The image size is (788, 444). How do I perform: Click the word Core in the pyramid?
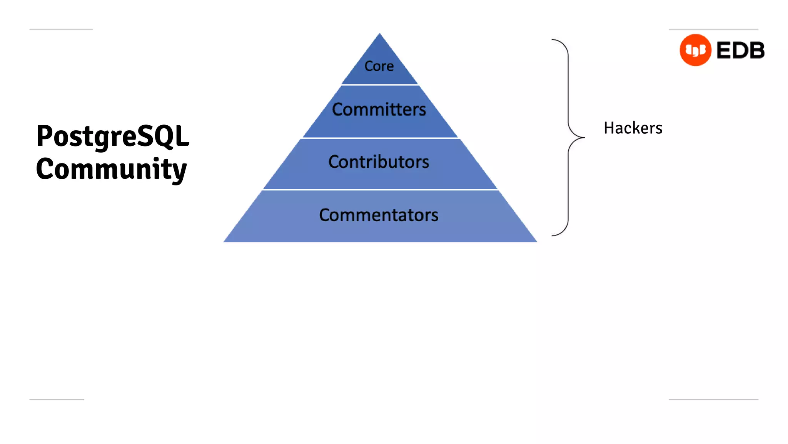coord(379,66)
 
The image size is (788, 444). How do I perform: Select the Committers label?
coord(379,109)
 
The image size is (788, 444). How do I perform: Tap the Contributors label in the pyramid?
coord(379,162)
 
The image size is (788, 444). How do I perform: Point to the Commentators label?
coord(379,215)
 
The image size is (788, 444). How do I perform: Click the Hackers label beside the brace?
coord(633,128)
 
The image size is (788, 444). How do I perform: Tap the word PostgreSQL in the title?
coord(113,136)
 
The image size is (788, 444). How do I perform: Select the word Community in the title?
coord(111,169)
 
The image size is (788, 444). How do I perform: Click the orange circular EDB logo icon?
coord(695,50)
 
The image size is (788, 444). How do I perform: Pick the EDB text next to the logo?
coord(740,50)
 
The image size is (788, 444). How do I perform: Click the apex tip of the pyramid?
coord(380,34)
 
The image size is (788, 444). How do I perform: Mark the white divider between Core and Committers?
coord(380,84)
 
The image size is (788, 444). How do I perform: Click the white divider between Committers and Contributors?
coord(380,138)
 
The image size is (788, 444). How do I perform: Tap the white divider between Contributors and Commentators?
coord(380,190)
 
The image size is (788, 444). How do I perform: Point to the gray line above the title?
coord(61,29)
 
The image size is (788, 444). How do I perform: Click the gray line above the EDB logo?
coord(713,29)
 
